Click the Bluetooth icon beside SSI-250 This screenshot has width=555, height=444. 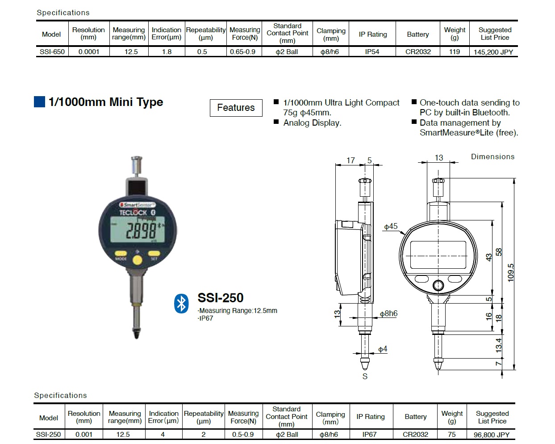181,304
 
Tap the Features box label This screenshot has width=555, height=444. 236,108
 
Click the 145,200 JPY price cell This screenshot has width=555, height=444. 493,52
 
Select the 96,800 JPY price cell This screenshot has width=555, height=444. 491,435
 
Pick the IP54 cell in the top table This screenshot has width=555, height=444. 372,52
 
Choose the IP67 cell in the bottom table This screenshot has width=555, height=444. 369,435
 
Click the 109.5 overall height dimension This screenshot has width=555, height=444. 511,272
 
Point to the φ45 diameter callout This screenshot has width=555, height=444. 391,226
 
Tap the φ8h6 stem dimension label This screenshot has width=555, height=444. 388,313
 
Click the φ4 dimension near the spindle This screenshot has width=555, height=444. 383,349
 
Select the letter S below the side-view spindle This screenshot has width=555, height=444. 365,376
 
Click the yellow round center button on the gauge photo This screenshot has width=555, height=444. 138,260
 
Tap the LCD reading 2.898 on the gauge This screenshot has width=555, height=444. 140,231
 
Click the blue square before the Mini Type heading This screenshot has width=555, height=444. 40,102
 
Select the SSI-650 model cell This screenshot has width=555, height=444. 52,52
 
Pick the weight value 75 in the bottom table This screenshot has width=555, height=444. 452,435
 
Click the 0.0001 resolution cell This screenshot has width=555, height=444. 89,52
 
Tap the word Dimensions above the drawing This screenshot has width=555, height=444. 492,156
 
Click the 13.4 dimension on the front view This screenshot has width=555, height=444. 499,344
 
